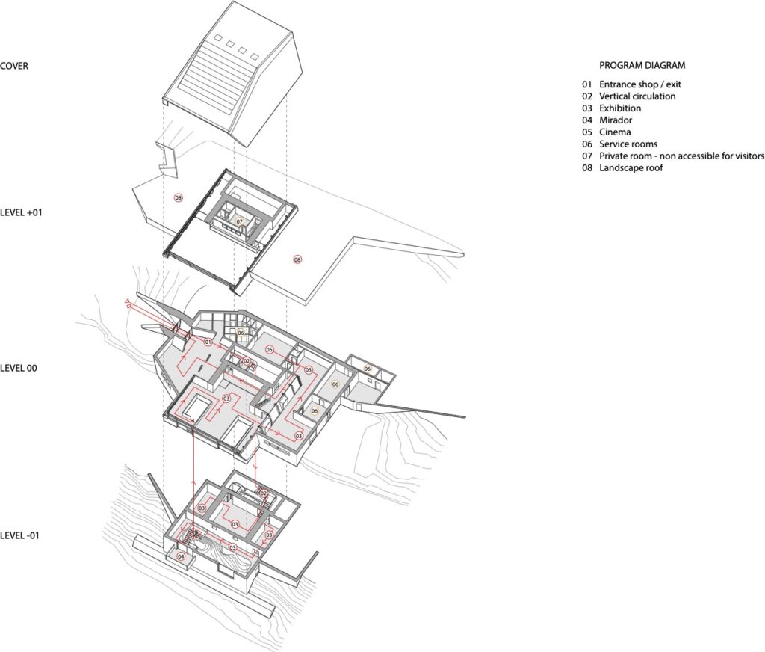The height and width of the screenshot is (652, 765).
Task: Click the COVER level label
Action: pos(14,66)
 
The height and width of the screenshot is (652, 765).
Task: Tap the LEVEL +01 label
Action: pos(21,213)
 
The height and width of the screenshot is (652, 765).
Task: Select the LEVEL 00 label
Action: pos(19,369)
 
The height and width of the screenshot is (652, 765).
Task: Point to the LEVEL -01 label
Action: pos(19,535)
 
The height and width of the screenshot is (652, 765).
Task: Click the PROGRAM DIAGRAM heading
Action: pos(642,66)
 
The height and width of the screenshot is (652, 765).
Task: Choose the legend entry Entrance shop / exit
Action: pos(640,84)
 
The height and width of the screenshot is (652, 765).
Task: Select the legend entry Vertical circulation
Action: pos(637,96)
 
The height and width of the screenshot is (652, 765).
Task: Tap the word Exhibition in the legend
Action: pos(620,108)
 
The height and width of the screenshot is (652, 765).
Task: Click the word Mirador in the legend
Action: pos(616,120)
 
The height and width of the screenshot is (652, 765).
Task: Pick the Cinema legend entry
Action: pos(615,132)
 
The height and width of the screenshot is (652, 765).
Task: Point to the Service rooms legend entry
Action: pos(628,144)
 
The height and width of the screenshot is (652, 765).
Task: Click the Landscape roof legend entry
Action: pos(631,168)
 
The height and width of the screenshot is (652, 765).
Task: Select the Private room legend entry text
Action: pos(681,156)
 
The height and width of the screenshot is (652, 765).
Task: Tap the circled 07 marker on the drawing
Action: pos(240,222)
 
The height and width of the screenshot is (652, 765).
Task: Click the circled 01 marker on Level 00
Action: pos(208,342)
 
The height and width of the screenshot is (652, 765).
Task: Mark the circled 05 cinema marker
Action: pos(269,350)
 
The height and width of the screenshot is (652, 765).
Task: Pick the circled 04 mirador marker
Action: pos(182,556)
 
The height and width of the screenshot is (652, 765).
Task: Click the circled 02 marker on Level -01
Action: pos(264,493)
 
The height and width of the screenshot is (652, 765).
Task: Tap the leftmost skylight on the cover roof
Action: pos(219,38)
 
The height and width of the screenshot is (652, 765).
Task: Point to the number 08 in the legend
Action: pos(587,168)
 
